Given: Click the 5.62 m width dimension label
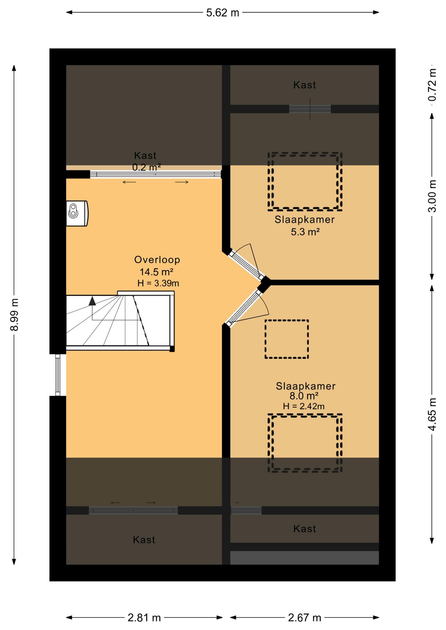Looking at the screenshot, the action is tap(223, 13).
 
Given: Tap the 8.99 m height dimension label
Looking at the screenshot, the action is tap(14, 315).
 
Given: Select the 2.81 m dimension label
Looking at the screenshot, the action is tap(144, 618).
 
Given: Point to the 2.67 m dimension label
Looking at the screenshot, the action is tap(304, 618).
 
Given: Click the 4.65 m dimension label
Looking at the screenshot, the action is tap(432, 414).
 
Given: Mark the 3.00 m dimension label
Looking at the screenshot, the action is tap(432, 196).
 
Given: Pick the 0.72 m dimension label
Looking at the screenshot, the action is tap(432, 85).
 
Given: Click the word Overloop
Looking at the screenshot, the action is tap(157, 260).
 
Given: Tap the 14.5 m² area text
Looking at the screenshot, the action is tap(156, 272).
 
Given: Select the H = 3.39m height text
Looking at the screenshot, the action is tap(158, 283).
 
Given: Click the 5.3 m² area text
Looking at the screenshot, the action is tap(305, 232).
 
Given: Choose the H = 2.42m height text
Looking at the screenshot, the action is tap(304, 406).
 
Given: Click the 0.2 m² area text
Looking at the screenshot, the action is tap(146, 167).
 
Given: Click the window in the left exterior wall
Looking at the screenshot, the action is tap(58, 375).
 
